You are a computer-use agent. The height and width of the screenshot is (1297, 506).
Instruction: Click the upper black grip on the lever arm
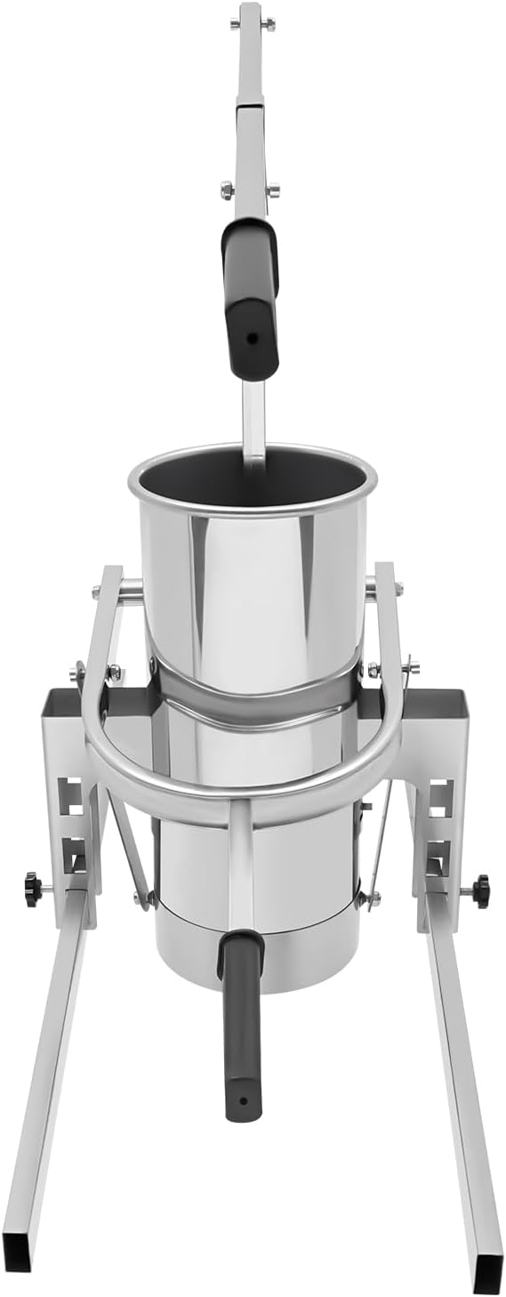pos(250,294)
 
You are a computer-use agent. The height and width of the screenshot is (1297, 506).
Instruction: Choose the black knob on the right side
pos(481,890)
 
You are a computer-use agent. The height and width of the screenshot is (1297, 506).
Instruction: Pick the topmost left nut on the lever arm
pos(235,24)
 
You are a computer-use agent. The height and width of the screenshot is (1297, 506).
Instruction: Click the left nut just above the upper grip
pos(227,189)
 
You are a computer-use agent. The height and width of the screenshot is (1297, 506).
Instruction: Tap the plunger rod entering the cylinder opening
pos(254,427)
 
